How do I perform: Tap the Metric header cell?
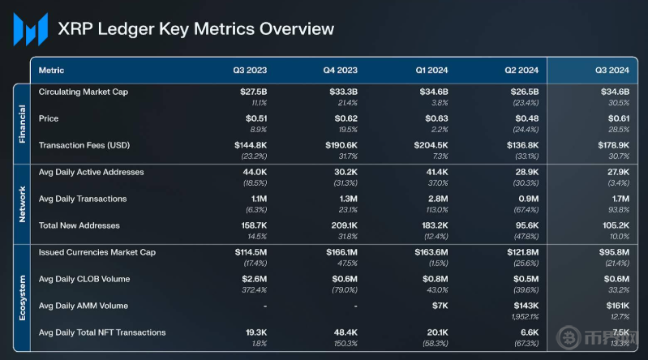52,71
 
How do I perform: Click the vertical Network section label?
23,199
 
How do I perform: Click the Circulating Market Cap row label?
84,92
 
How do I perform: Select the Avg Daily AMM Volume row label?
84,306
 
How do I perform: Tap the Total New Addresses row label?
79,225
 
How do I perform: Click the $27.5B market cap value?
253,92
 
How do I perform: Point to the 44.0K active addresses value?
255,172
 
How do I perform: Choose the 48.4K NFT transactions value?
344,332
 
